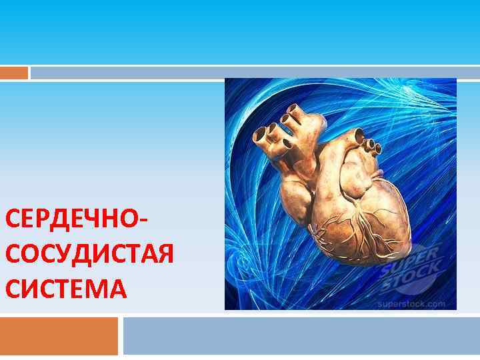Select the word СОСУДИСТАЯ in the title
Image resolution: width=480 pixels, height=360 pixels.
pyautogui.click(x=89, y=255)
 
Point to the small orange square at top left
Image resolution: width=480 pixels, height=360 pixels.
pyautogui.click(x=14, y=72)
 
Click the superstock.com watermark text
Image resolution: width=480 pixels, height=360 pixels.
pyautogui.click(x=411, y=303)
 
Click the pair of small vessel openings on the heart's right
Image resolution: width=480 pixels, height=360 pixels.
pyautogui.click(x=375, y=148)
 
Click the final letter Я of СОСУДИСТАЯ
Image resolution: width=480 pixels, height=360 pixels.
pyautogui.click(x=163, y=255)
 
